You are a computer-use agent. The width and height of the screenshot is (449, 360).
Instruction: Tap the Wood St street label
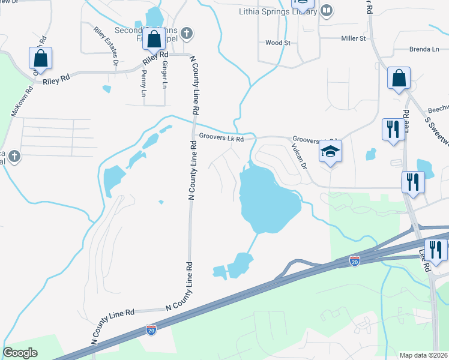point(277,43)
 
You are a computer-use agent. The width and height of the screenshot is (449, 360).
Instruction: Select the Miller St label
point(353,38)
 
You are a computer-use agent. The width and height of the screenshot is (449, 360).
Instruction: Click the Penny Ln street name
point(143,84)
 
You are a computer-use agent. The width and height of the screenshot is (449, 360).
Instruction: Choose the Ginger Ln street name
point(164,73)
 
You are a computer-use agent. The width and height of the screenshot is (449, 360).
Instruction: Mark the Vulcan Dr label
point(299,157)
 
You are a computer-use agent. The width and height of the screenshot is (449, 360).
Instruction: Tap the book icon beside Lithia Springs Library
point(327,10)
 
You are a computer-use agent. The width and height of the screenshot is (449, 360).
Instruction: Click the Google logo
point(20,353)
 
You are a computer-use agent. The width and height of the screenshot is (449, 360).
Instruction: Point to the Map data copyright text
point(423,355)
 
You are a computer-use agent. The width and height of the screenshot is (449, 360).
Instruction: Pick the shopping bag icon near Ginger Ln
point(154,39)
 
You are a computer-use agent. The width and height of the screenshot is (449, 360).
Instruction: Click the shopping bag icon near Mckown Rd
point(40,58)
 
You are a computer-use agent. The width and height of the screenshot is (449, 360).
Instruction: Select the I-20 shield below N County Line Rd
point(151,330)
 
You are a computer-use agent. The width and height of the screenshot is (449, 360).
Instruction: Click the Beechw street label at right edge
point(438,111)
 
